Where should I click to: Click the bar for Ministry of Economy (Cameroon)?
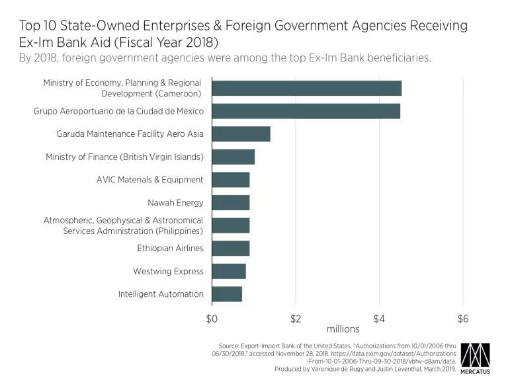pyautogui.click(x=306, y=88)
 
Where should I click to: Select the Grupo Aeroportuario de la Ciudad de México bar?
pyautogui.click(x=306, y=111)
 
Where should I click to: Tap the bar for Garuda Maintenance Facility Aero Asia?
pyautogui.click(x=241, y=134)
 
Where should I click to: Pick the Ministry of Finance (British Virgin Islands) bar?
pyautogui.click(x=233, y=157)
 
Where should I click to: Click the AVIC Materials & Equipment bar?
pyautogui.click(x=230, y=180)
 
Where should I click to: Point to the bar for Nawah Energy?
pyautogui.click(x=230, y=202)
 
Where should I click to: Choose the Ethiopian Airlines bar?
pyautogui.click(x=230, y=249)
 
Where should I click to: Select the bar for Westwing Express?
pyautogui.click(x=228, y=271)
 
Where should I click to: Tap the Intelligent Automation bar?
pyautogui.click(x=227, y=294)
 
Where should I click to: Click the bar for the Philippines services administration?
pyautogui.click(x=230, y=225)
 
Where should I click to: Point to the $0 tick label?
pyautogui.click(x=212, y=319)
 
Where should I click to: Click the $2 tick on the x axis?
pyautogui.click(x=296, y=319)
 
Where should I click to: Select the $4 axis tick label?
pyautogui.click(x=379, y=319)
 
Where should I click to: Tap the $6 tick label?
pyautogui.click(x=463, y=319)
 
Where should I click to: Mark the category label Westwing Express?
pyautogui.click(x=168, y=271)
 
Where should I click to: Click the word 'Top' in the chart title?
pyautogui.click(x=29, y=26)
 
